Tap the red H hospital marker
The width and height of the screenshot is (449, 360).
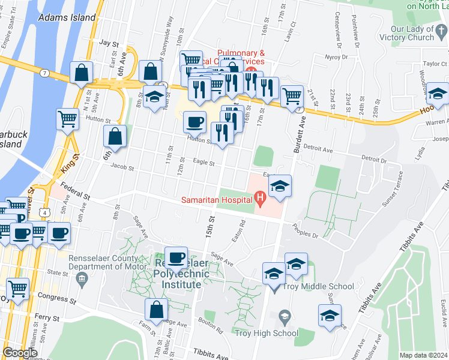click(260, 197)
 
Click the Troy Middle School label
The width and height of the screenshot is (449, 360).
click(321, 287)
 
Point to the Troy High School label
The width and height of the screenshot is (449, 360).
click(267, 333)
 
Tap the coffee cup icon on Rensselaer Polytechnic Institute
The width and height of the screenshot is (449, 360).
click(176, 258)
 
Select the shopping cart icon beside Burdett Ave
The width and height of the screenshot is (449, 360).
click(292, 95)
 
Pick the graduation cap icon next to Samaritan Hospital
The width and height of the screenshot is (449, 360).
click(279, 187)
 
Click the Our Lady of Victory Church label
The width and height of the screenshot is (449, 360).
click(412, 33)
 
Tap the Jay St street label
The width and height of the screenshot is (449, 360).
click(110, 43)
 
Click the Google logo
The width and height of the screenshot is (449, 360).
click(20, 352)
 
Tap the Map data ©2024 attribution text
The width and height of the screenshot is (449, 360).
click(423, 355)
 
